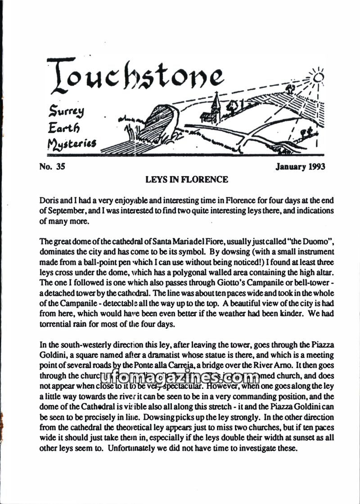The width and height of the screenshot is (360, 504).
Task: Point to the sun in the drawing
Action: point(319,77)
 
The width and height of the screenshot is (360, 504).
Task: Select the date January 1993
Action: point(300,167)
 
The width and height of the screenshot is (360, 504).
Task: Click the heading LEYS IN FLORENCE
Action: point(187,180)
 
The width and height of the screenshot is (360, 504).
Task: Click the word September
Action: point(67,210)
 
